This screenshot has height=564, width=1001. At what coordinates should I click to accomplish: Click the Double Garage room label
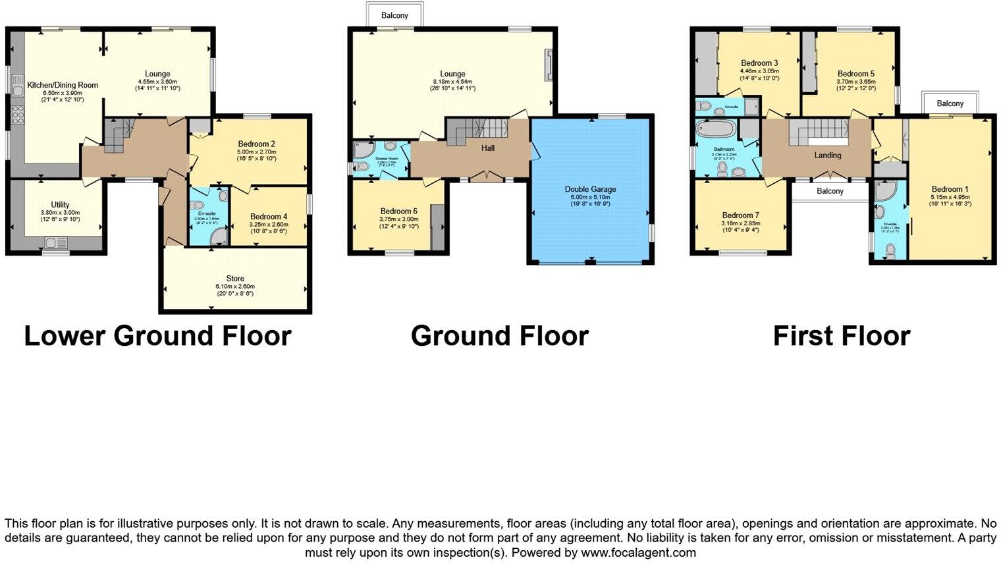tap(590, 189)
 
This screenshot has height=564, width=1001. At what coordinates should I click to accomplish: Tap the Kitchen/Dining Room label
tap(63, 85)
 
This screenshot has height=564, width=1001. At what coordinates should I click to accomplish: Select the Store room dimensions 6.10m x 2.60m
tap(234, 287)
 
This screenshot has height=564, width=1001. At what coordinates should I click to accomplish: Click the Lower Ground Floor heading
tap(157, 336)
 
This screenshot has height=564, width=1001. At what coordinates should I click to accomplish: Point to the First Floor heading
tap(841, 336)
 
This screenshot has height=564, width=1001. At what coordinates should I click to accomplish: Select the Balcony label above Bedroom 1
tap(950, 103)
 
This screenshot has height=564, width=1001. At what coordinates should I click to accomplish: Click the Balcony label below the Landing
tap(830, 191)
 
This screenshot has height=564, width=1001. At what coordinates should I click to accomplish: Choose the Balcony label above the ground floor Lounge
tap(394, 15)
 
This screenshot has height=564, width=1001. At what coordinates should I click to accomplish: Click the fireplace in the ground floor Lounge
tap(548, 66)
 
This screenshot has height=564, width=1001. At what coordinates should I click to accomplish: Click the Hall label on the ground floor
tap(487, 148)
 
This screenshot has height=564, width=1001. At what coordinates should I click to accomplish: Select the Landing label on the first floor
tap(827, 155)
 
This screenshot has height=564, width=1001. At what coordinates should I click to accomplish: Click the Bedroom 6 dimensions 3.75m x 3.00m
tap(399, 219)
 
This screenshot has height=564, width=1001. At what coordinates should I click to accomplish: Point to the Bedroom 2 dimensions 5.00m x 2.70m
tap(256, 151)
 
